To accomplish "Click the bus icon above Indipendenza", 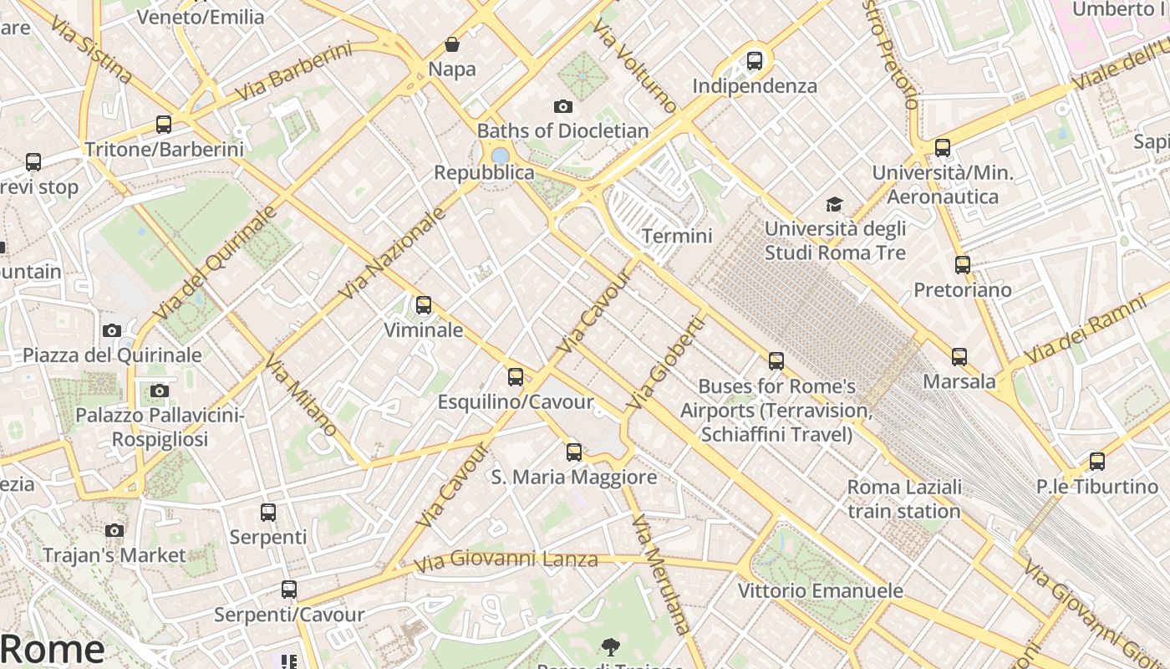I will (x=755, y=60).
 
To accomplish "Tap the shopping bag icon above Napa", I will (x=452, y=44).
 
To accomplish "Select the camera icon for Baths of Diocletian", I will (x=563, y=106).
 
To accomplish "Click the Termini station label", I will (x=677, y=236).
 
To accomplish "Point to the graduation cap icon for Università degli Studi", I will (x=834, y=204).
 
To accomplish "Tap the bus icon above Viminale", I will (x=424, y=305).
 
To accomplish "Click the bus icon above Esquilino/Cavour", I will (x=516, y=377).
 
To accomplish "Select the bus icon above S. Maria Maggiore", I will (x=574, y=452).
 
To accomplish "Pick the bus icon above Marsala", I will (x=959, y=357).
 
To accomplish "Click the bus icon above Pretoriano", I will (x=963, y=265).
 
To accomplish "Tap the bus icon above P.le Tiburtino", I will (x=1097, y=462).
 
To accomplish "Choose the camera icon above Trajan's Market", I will (x=114, y=530).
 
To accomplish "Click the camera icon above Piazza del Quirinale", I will (x=112, y=330).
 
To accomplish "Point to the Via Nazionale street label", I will (x=393, y=254).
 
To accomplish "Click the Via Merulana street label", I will (x=662, y=574).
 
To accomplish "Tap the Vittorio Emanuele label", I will (x=820, y=590).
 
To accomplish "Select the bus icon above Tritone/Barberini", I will (x=164, y=125).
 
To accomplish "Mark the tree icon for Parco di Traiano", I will (x=611, y=646).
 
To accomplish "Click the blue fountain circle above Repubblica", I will (x=501, y=156).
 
